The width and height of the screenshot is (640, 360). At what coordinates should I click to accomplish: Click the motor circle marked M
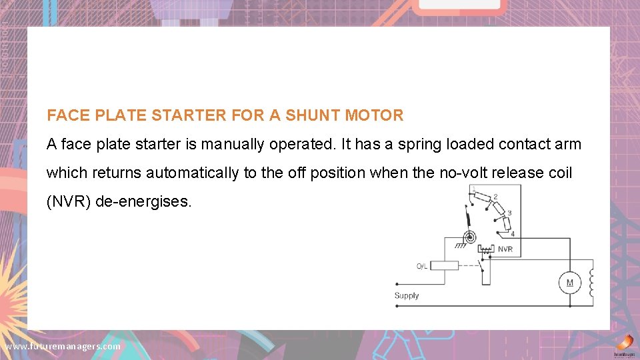click(x=569, y=283)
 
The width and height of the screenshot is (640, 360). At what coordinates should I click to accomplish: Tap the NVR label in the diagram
click(x=505, y=249)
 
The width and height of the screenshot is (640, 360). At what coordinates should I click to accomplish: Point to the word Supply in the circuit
click(x=407, y=295)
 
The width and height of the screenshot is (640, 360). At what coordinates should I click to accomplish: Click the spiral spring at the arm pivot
click(x=471, y=237)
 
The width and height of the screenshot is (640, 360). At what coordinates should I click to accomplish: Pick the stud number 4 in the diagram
click(x=512, y=234)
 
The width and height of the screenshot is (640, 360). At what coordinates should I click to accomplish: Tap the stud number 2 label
click(x=495, y=197)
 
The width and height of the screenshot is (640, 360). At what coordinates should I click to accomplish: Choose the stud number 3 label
click(x=509, y=213)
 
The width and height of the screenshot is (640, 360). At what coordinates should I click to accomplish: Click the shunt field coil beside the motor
click(x=591, y=283)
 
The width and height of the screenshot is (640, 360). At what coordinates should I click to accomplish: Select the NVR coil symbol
click(x=486, y=249)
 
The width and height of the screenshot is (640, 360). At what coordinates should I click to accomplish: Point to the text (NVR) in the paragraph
click(x=69, y=201)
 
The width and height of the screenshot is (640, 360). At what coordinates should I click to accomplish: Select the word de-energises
click(x=144, y=201)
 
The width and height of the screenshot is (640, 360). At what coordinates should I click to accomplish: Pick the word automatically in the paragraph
click(x=193, y=173)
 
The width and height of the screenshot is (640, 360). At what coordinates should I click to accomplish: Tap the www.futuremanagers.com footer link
click(x=63, y=347)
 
